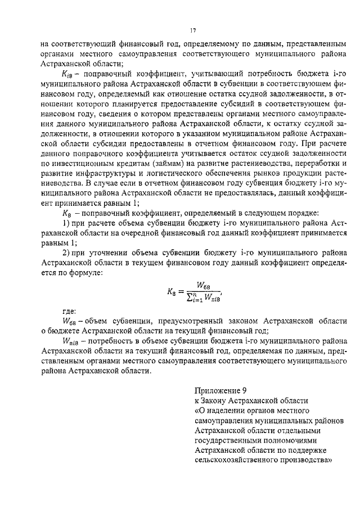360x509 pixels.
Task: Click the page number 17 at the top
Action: (x=192, y=30)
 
